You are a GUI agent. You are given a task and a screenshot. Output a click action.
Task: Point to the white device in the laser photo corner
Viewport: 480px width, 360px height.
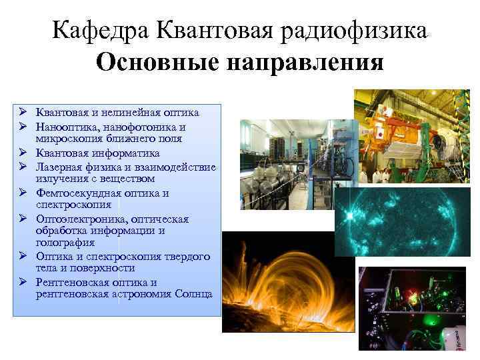coord(459,336)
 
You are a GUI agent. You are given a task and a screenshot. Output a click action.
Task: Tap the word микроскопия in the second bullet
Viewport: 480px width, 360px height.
coord(68,139)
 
